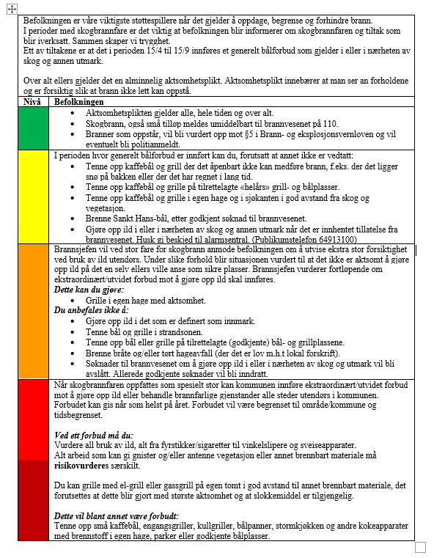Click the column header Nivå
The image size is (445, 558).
click(x=32, y=101)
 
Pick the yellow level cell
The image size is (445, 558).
click(x=33, y=197)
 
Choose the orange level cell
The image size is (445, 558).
click(x=33, y=311)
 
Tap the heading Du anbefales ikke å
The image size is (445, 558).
click(x=92, y=310)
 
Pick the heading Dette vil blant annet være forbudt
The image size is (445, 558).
click(x=117, y=516)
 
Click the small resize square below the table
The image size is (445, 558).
click(x=420, y=546)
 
